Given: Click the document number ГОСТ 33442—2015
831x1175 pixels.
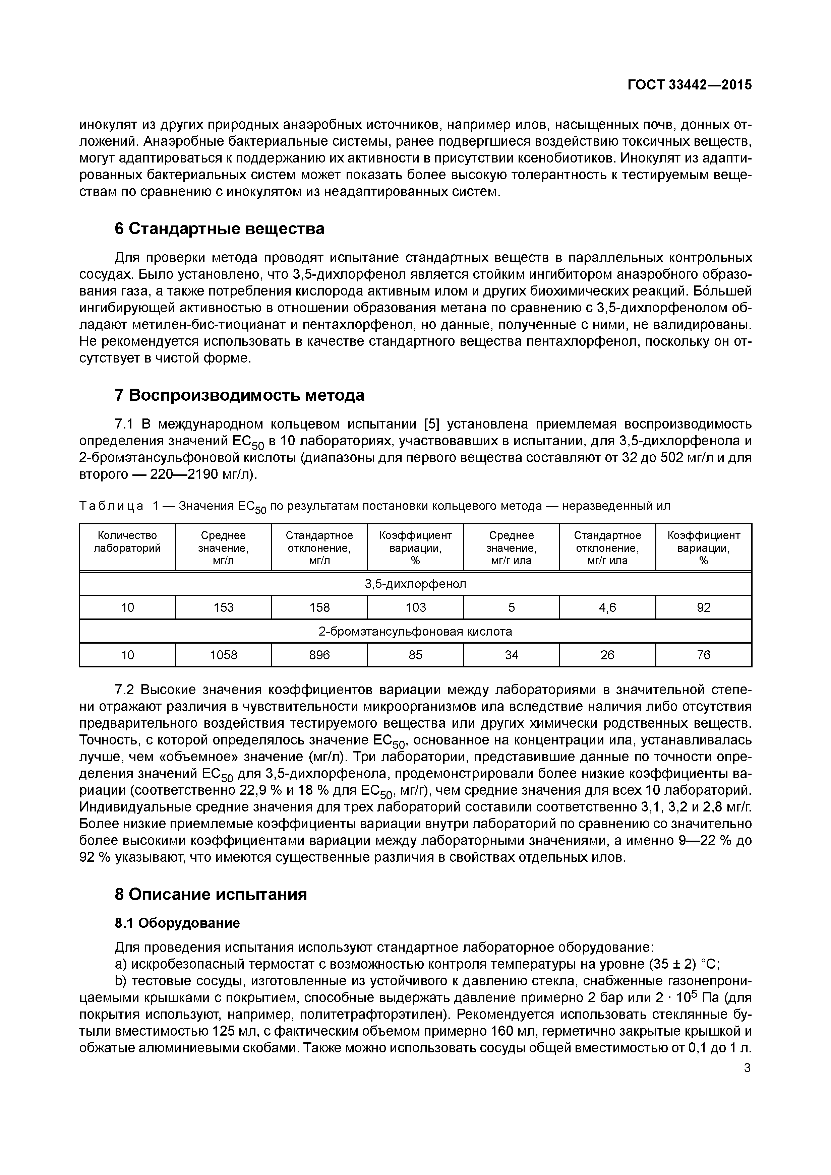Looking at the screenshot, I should point(689,85).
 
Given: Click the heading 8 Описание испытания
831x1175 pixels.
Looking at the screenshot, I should point(211,894).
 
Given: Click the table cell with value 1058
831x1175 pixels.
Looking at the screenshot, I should point(223,655).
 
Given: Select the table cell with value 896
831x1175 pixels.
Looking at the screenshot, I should point(319,655).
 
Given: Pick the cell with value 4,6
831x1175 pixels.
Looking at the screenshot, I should point(607,607).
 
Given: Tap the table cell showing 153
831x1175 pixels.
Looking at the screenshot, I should point(223,607).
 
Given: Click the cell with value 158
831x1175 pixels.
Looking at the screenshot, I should point(319,607).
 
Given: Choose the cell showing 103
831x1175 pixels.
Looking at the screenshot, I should point(415,607).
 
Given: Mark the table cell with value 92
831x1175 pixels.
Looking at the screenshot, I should point(704,607).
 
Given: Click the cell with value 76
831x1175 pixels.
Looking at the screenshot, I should point(704,655).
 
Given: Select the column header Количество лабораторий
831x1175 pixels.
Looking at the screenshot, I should point(127,541).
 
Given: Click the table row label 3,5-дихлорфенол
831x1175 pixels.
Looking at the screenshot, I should point(415,584).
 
